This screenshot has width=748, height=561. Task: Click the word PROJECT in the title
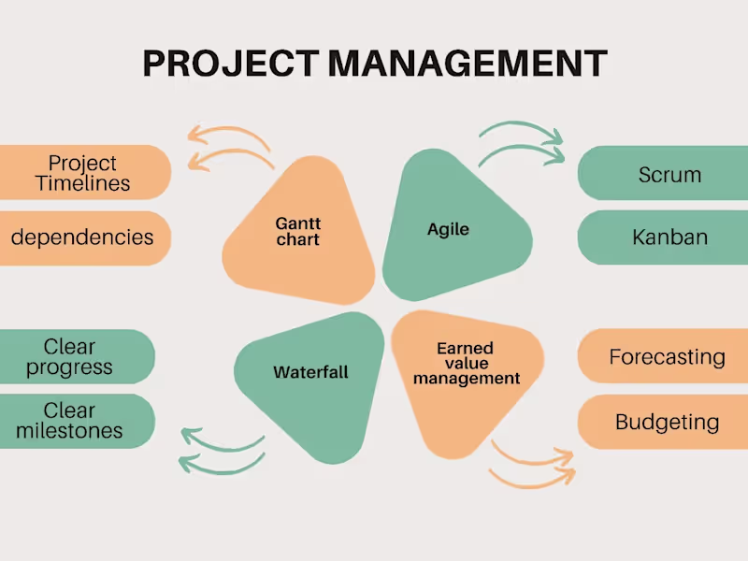(232, 64)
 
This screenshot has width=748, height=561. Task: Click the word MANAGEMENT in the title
(467, 64)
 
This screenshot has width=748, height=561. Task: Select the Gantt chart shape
(298, 231)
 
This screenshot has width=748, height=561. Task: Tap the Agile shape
(449, 229)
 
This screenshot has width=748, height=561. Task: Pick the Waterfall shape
(311, 372)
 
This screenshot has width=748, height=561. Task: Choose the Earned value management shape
(466, 365)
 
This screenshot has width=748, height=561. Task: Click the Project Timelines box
(84, 173)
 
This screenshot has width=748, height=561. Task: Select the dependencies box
(83, 237)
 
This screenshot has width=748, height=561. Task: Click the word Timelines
(82, 183)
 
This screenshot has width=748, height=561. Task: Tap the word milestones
(69, 431)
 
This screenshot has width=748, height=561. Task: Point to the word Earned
(465, 349)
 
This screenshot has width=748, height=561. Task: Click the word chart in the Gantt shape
(298, 239)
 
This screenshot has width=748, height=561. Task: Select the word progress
(69, 367)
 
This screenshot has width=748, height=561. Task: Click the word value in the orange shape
(466, 364)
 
